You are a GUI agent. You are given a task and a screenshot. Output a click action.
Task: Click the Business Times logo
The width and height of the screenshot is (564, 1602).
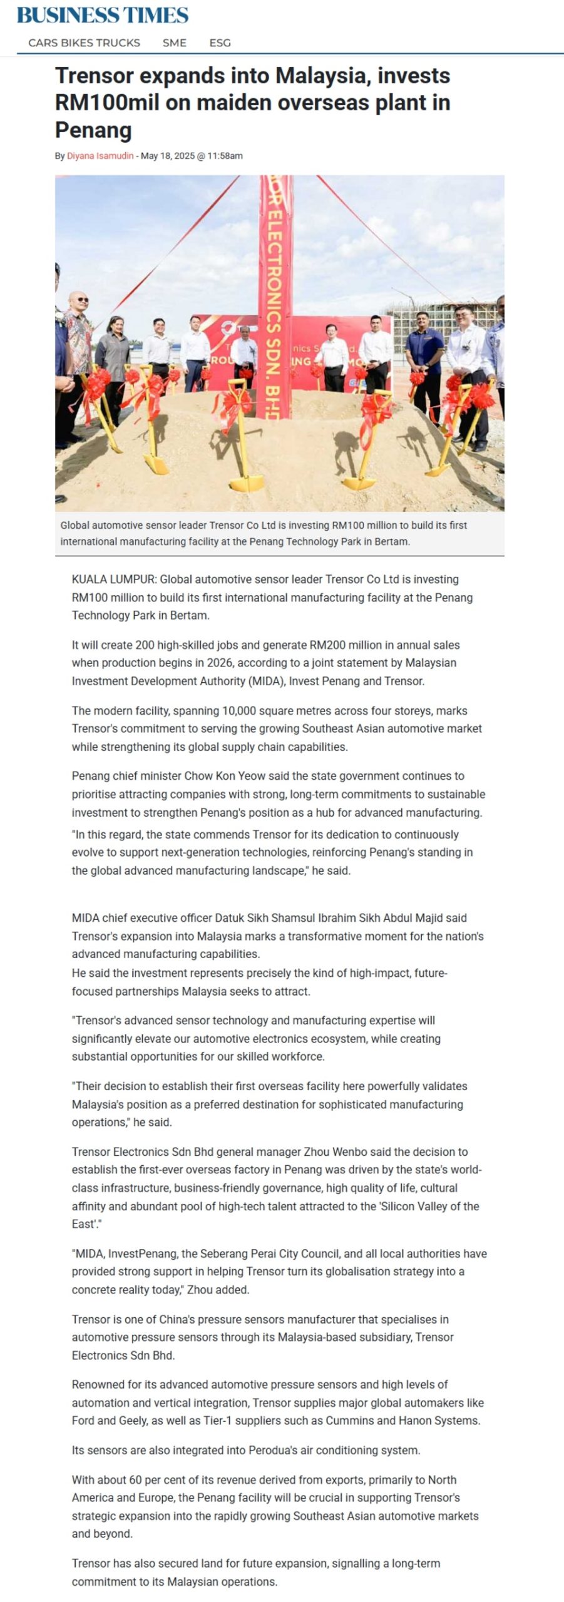click(x=102, y=15)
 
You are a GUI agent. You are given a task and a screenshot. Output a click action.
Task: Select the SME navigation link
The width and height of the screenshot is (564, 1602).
click(x=174, y=43)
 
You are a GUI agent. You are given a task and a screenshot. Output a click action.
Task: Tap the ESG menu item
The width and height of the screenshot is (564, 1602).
click(x=220, y=43)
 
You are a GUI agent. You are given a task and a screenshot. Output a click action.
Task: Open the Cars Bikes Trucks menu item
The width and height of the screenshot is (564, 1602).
click(x=84, y=43)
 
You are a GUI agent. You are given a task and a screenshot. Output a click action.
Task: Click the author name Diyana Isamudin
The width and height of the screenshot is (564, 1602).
click(x=100, y=156)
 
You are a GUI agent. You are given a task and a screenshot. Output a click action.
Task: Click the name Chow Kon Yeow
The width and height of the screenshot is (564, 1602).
click(x=225, y=776)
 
